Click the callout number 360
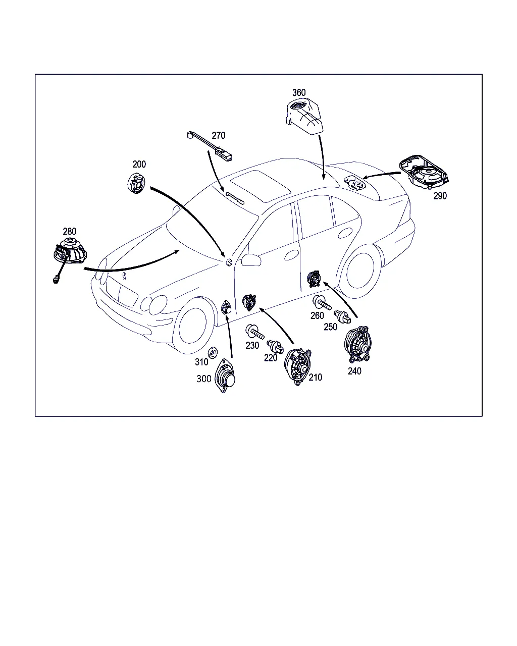point(298,92)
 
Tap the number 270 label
point(219,136)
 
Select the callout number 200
point(139,164)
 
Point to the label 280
point(69,232)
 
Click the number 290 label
point(440,196)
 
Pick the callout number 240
point(354,371)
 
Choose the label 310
point(201,362)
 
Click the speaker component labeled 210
point(297,366)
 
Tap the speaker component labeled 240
point(358,345)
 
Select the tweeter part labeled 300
point(225,375)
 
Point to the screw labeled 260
point(322,303)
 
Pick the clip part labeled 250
point(342,317)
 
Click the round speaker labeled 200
point(136,183)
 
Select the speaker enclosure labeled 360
point(304,117)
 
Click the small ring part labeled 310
point(213,352)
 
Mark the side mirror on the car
point(251,260)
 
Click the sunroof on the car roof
point(261,186)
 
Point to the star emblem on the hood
point(124,276)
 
